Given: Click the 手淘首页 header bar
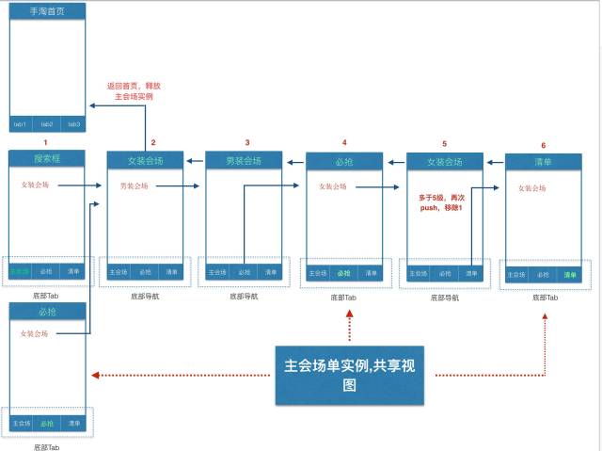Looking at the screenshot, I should [47, 12].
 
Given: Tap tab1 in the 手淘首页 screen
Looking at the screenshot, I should [21, 124].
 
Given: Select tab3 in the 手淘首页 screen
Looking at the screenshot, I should [73, 124].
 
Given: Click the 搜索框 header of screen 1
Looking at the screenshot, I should [47, 157].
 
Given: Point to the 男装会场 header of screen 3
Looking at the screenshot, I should [244, 161].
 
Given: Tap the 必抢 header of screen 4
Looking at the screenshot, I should [344, 161].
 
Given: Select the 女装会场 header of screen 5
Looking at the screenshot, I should [444, 161].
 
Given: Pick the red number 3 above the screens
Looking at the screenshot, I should [247, 142].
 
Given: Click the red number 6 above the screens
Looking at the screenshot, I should [544, 145].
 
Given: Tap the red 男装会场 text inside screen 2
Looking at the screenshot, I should [135, 186].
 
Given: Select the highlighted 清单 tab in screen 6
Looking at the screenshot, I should [568, 275].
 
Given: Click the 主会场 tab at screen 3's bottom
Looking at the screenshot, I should [217, 272].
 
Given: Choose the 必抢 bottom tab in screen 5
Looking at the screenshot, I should [444, 274].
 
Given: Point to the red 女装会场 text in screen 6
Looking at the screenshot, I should [531, 188].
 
